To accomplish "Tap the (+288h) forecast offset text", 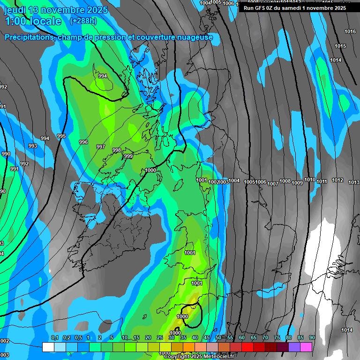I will click(x=83, y=21).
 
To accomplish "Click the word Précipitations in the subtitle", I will click(x=29, y=37).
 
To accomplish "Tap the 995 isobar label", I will click(x=61, y=136).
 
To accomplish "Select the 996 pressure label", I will click(x=83, y=142).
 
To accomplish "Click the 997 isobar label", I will click(x=101, y=147).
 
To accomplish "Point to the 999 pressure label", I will click(x=128, y=156).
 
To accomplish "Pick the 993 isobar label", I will click(x=32, y=146).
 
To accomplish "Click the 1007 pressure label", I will click(x=273, y=184).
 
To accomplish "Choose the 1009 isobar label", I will click(x=297, y=183).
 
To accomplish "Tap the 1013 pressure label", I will click(x=354, y=182).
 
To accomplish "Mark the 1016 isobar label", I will click(x=350, y=31).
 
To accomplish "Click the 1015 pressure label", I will click(x=340, y=46).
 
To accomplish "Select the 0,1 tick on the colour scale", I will click(x=55, y=338).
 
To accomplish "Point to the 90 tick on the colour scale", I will click(x=312, y=338).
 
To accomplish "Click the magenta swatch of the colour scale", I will click(x=306, y=347).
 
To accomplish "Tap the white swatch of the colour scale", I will click(x=48, y=347).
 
